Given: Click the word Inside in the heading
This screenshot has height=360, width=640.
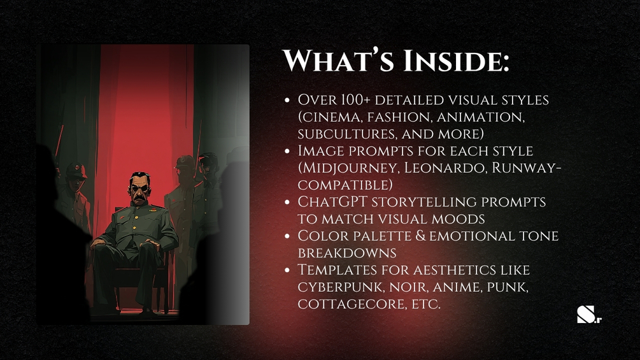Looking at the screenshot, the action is click(x=456, y=61).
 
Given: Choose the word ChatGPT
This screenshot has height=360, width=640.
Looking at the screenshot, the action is click(x=332, y=201).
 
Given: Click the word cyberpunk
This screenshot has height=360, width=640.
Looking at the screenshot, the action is click(x=341, y=287).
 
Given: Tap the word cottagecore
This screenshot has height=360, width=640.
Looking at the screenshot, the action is click(x=352, y=305).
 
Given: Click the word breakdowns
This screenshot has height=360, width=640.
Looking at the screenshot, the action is click(x=347, y=253).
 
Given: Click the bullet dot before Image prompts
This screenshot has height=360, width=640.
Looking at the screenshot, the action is click(x=287, y=151).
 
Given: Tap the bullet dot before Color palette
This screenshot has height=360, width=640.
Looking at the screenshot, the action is click(x=287, y=236).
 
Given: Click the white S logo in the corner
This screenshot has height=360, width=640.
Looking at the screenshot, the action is click(x=585, y=314).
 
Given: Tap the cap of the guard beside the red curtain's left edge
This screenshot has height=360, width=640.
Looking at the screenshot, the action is click(x=76, y=169).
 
